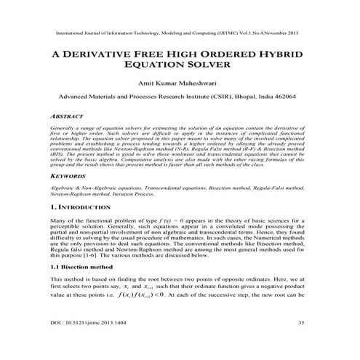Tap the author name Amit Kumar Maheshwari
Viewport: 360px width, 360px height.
click(x=179, y=83)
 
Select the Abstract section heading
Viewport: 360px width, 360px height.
click(x=66, y=115)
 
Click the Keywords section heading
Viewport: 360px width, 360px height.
click(x=68, y=176)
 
